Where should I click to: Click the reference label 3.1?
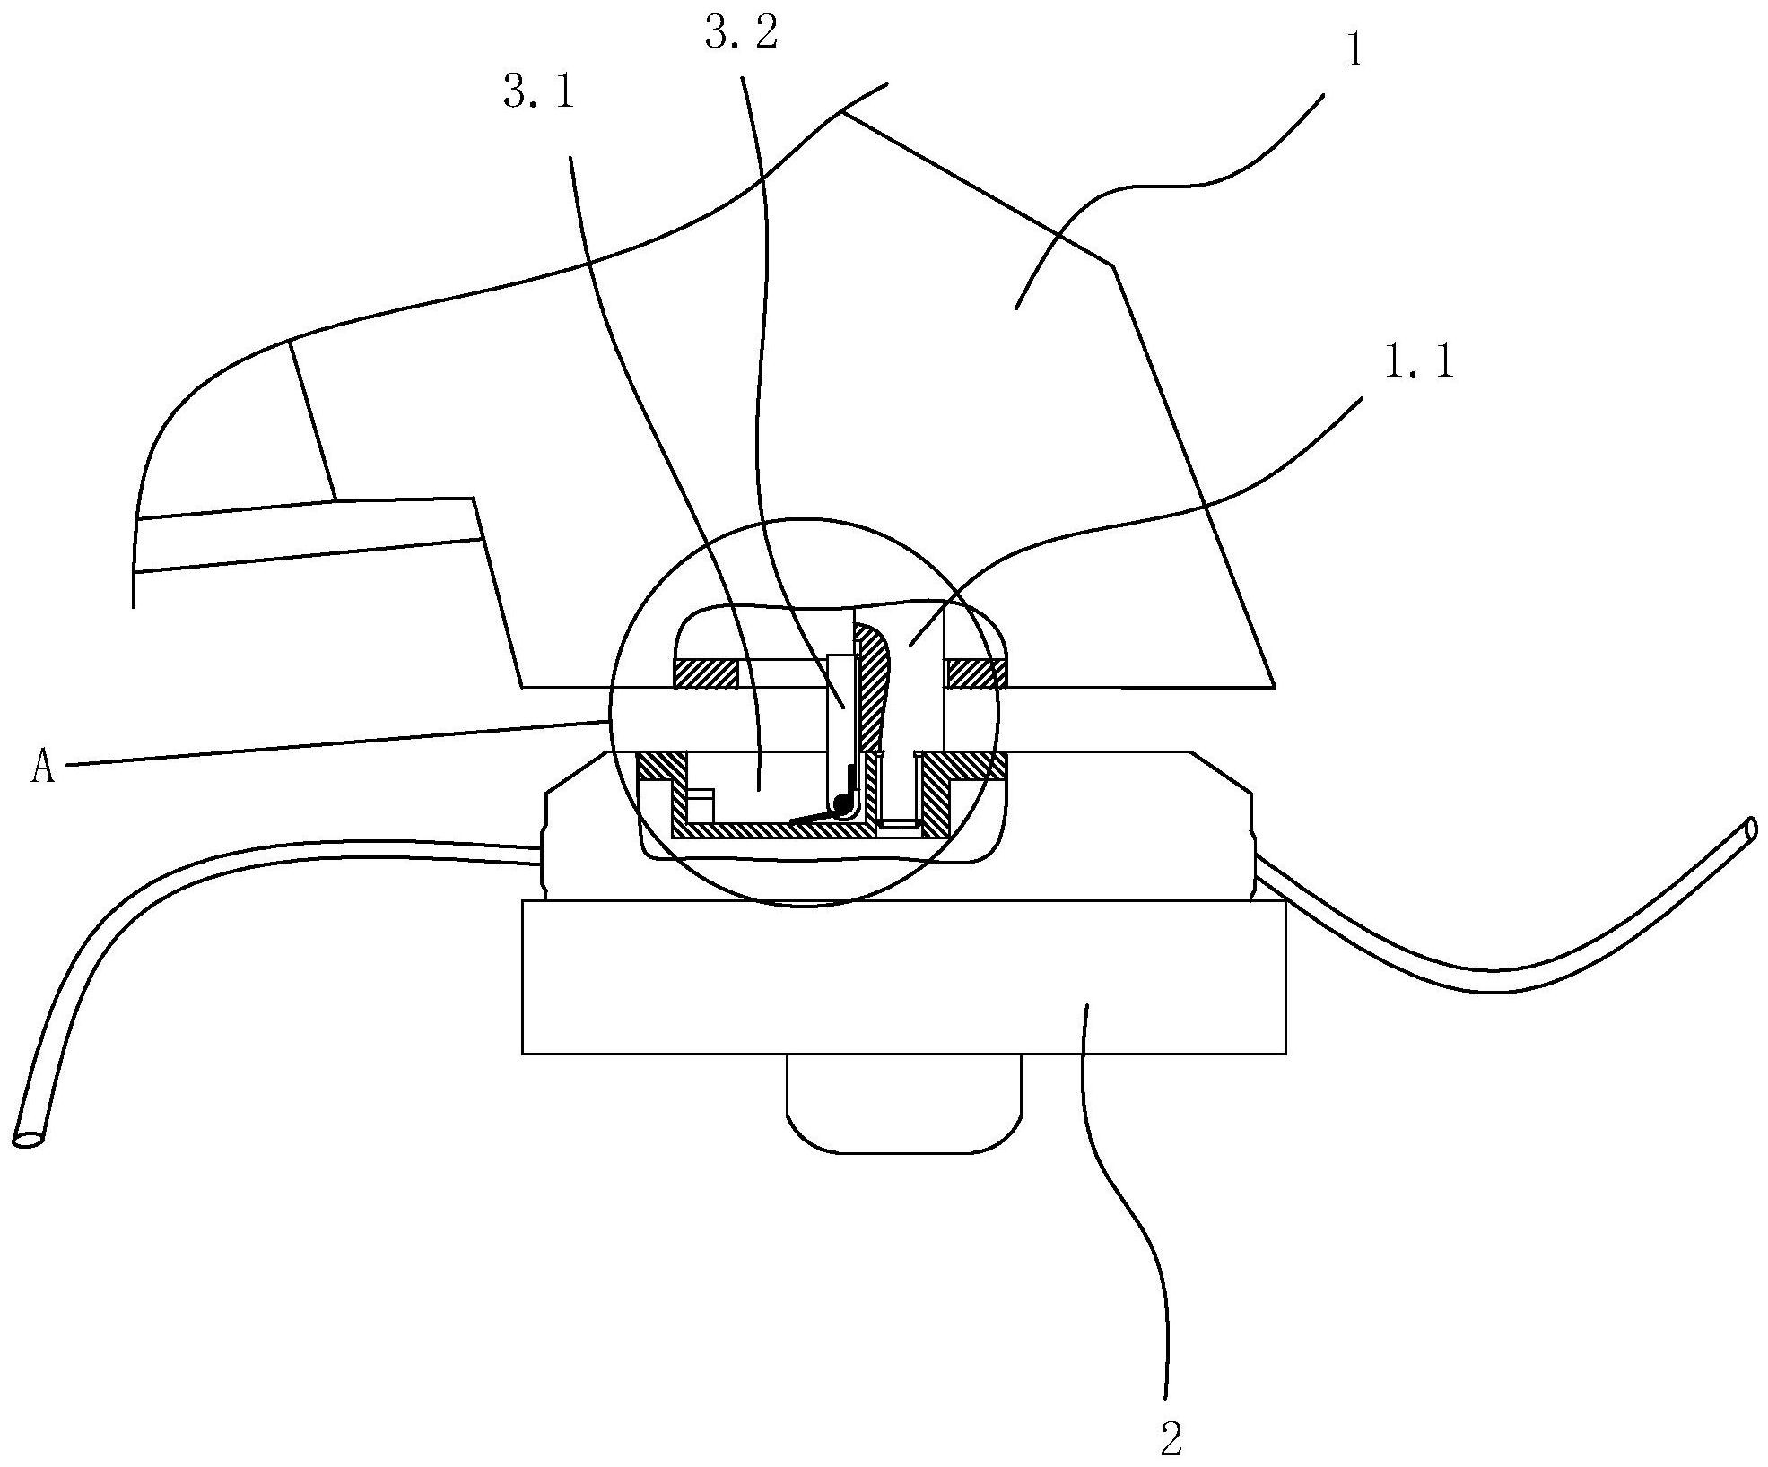(x=538, y=93)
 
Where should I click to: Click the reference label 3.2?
(x=741, y=36)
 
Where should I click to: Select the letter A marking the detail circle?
(x=42, y=768)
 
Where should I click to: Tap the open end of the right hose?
(x=1750, y=829)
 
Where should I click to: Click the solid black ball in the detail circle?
(x=842, y=804)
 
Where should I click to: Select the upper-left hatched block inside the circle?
(x=705, y=673)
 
